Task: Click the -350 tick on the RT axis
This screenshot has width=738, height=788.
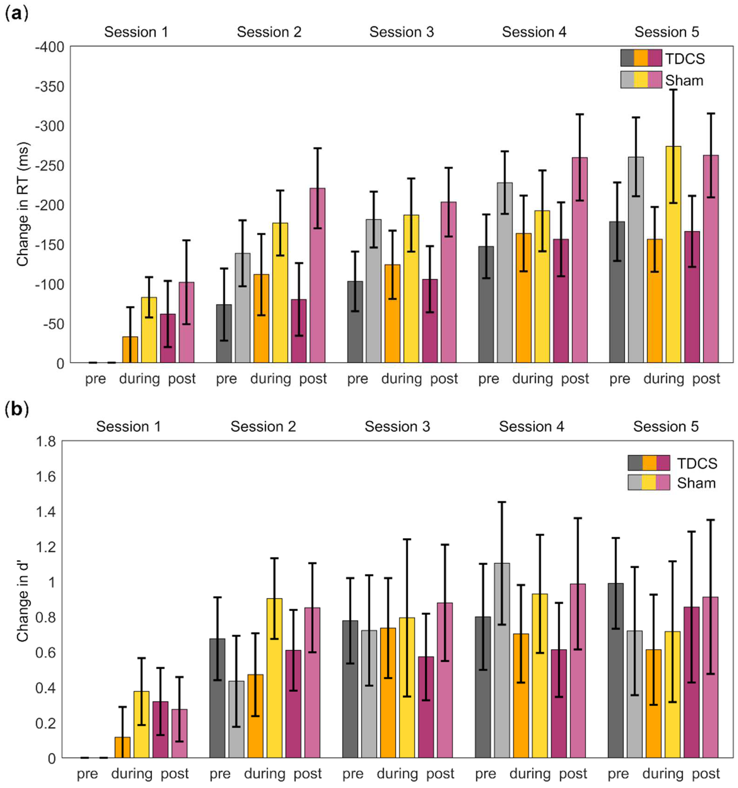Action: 50,86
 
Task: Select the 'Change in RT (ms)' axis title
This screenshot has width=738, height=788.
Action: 23,204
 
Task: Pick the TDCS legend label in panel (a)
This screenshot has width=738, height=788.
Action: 685,59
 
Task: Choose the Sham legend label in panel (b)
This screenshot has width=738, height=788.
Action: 696,483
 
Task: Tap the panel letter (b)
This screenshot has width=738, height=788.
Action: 17,410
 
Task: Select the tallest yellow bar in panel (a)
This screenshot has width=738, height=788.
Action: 673,255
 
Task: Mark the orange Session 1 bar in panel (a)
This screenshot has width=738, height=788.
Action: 130,350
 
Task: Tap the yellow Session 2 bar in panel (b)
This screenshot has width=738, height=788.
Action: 274,678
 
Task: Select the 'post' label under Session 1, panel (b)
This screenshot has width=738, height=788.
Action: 175,774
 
